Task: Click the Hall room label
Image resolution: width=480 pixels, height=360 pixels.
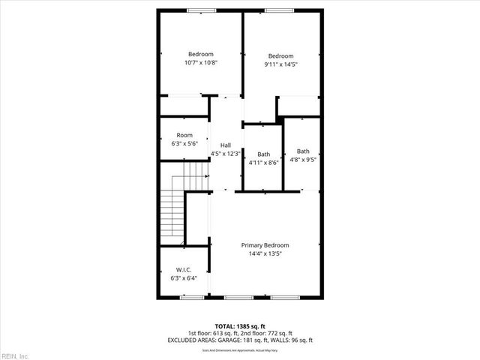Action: pos(225,145)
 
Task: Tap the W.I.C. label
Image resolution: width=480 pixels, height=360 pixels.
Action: pos(184,269)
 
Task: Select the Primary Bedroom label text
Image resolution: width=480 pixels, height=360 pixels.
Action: pos(265,245)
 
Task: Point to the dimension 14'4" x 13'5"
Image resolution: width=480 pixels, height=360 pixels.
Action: pos(265,253)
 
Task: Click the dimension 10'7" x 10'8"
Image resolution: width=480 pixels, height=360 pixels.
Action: pos(201,63)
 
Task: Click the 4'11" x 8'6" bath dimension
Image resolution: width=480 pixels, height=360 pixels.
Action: pos(263,162)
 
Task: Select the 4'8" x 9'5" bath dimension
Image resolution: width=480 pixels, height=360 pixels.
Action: pos(302,159)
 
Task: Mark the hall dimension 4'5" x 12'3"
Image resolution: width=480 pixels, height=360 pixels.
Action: pos(225,154)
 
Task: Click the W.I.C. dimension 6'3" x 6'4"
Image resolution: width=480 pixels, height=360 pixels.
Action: pos(184,278)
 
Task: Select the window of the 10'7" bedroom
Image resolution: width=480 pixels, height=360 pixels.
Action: pos(200,10)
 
